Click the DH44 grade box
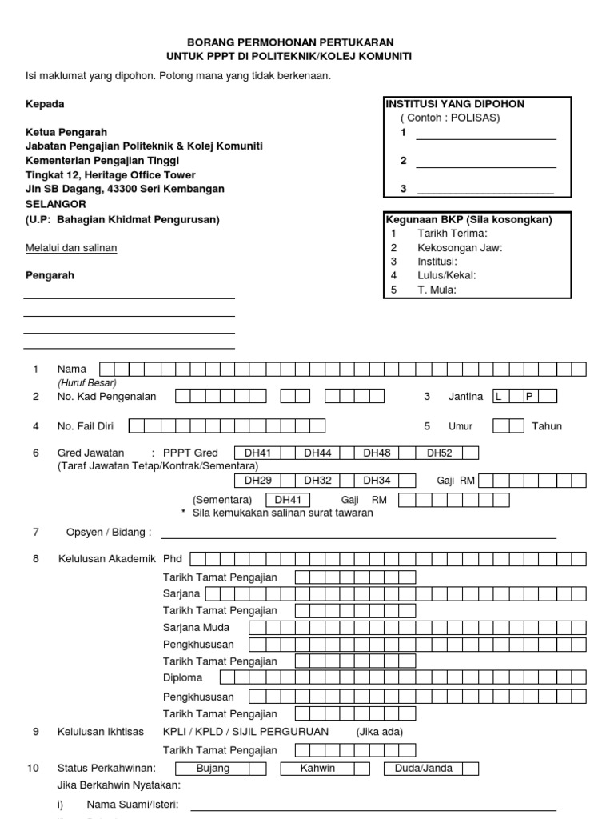pyautogui.click(x=318, y=453)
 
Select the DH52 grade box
pyautogui.click(x=440, y=453)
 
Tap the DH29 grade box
pyautogui.click(x=258, y=481)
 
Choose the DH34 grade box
pyautogui.click(x=377, y=481)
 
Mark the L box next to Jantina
pyautogui.click(x=500, y=397)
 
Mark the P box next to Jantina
pyautogui.click(x=528, y=397)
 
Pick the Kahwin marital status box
pyautogui.click(x=317, y=769)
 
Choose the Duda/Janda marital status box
pyautogui.click(x=424, y=769)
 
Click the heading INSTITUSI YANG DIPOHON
pyautogui.click(x=456, y=104)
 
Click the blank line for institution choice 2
pyautogui.click(x=485, y=162)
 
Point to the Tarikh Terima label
pyautogui.click(x=452, y=233)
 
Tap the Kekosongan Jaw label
pyautogui.click(x=459, y=247)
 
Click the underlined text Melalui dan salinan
pyautogui.click(x=71, y=248)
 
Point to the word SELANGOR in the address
pyautogui.click(x=55, y=204)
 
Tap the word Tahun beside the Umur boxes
pyautogui.click(x=547, y=426)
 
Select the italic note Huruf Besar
pyautogui.click(x=87, y=382)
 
